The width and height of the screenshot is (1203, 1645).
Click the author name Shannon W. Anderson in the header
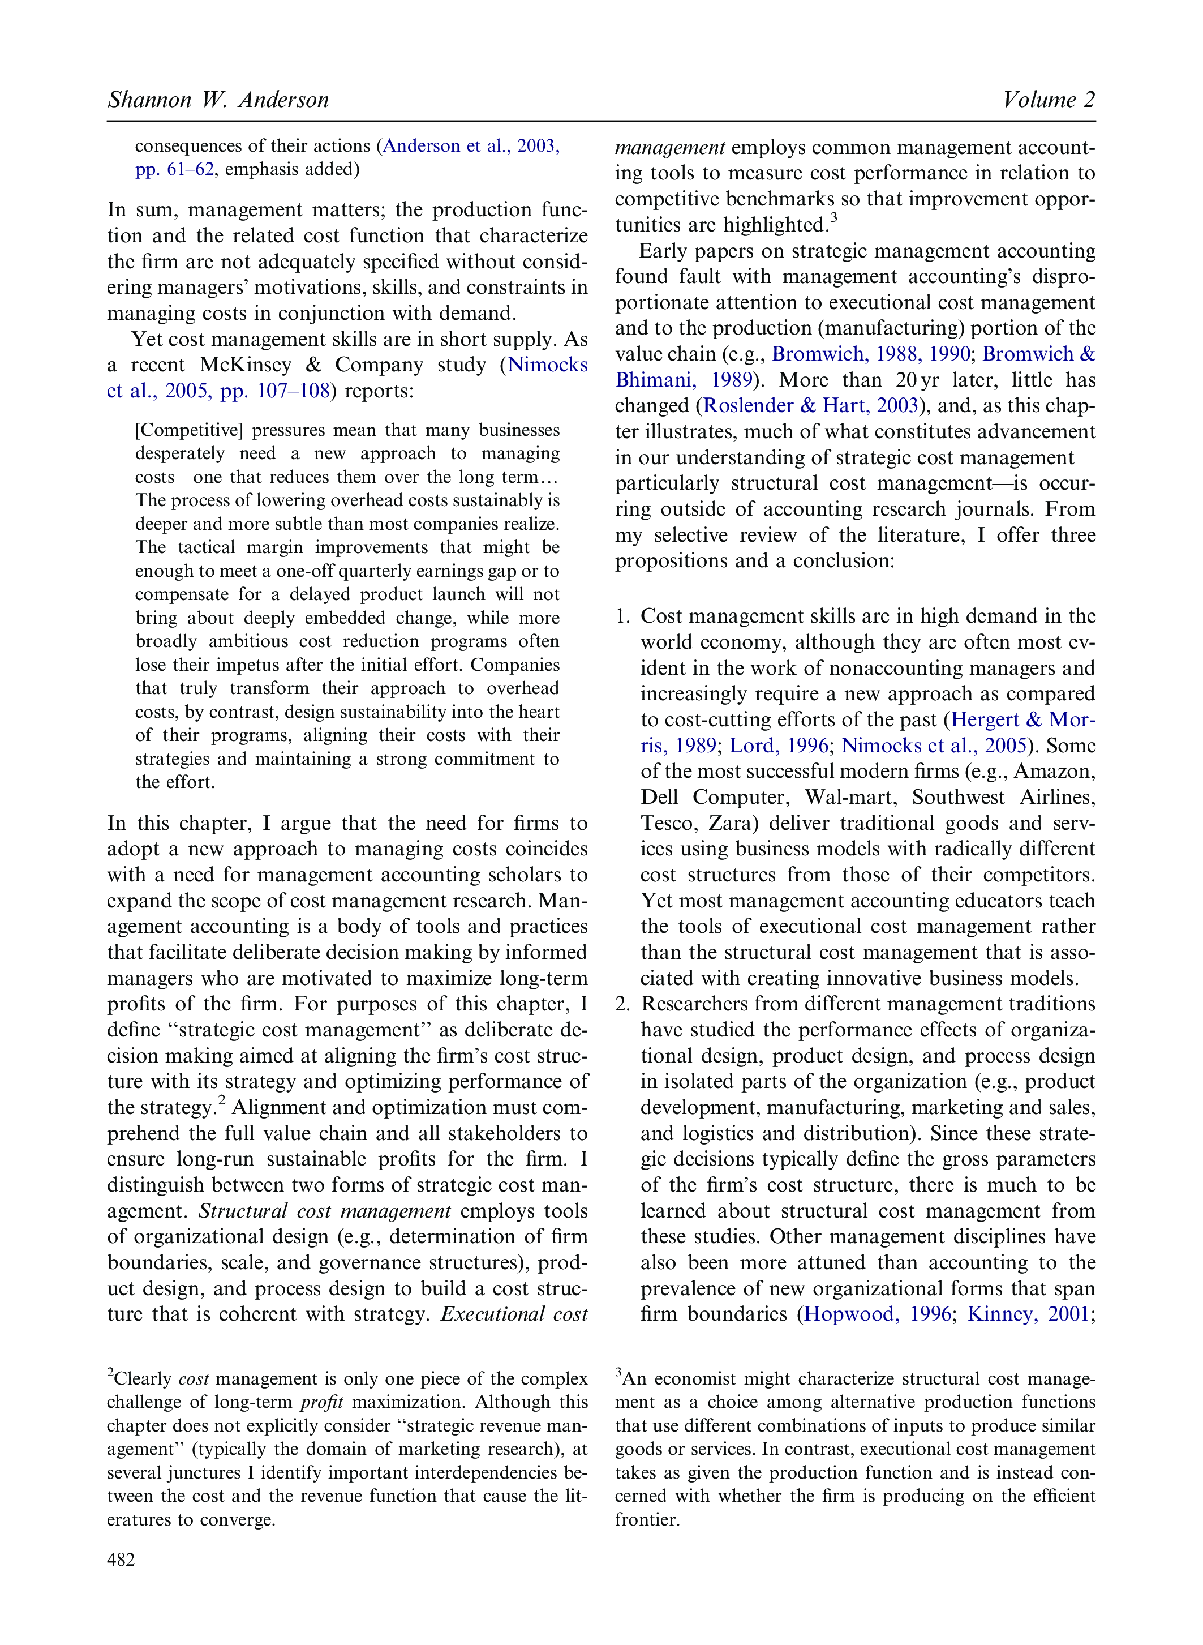(x=218, y=100)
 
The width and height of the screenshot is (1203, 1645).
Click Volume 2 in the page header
(x=1049, y=100)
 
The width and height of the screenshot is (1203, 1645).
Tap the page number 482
(x=121, y=1560)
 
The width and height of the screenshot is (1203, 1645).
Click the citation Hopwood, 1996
(x=877, y=1314)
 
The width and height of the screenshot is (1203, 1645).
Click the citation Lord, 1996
(x=779, y=746)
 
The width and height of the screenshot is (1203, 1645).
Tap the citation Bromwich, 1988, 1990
(x=870, y=354)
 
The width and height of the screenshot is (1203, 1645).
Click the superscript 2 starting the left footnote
(x=111, y=1374)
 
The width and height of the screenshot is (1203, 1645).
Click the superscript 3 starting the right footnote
(x=619, y=1374)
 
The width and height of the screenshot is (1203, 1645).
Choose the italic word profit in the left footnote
(x=321, y=1402)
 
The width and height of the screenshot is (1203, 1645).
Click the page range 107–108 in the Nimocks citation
(x=294, y=391)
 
